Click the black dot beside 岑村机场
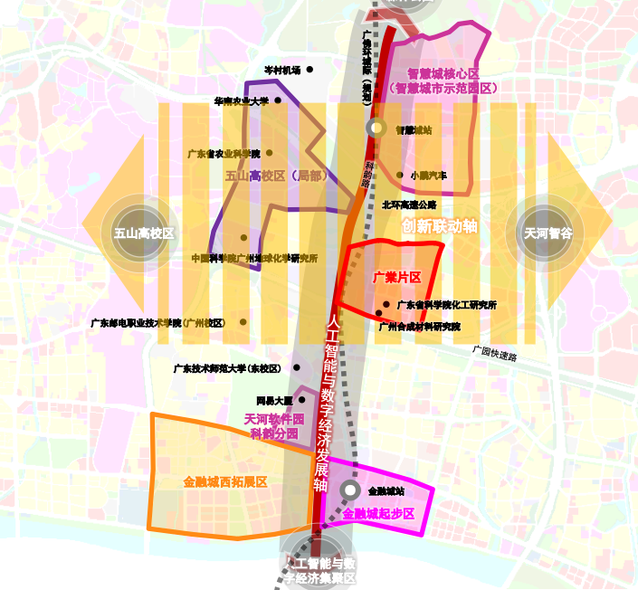pyautogui.click(x=309, y=70)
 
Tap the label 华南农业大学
pyautogui.click(x=241, y=101)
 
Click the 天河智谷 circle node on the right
pyautogui.click(x=548, y=233)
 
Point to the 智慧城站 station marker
pyautogui.click(x=376, y=128)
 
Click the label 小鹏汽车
pyautogui.click(x=428, y=176)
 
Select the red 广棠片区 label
pyautogui.click(x=397, y=277)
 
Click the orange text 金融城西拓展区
pyautogui.click(x=224, y=482)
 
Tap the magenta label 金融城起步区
pyautogui.click(x=378, y=513)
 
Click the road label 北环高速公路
pyautogui.click(x=409, y=205)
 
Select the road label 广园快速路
pyautogui.click(x=495, y=352)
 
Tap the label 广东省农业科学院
pyautogui.click(x=223, y=154)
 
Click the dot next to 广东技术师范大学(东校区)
pyautogui.click(x=297, y=368)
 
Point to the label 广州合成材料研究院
pyautogui.click(x=419, y=326)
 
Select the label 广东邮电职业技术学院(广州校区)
pyautogui.click(x=157, y=322)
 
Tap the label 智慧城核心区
pyautogui.click(x=443, y=73)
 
